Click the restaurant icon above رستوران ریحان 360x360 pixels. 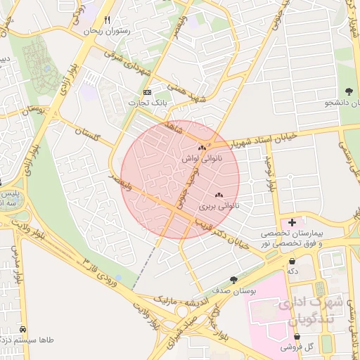point(108,20)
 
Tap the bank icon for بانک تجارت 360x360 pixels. point(147,93)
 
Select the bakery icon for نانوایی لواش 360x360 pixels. point(202,148)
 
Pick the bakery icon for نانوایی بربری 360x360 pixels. point(218,195)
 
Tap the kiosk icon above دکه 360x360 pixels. point(292,260)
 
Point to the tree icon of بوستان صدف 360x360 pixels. point(233,280)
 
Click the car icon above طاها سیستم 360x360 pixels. point(24,329)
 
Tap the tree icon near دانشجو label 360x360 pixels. point(349,91)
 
